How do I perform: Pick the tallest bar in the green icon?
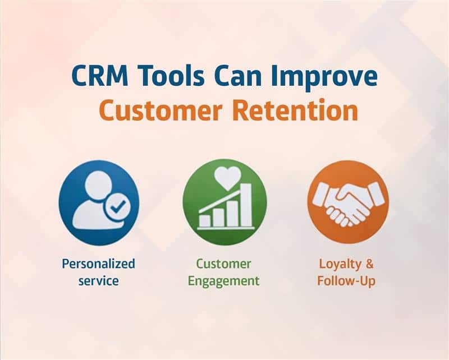click(x=246, y=204)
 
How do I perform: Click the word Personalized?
click(x=98, y=264)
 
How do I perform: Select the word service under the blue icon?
click(x=98, y=280)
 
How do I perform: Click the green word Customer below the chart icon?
click(x=223, y=263)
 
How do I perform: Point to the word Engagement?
click(x=223, y=280)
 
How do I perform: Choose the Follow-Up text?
click(x=346, y=280)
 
